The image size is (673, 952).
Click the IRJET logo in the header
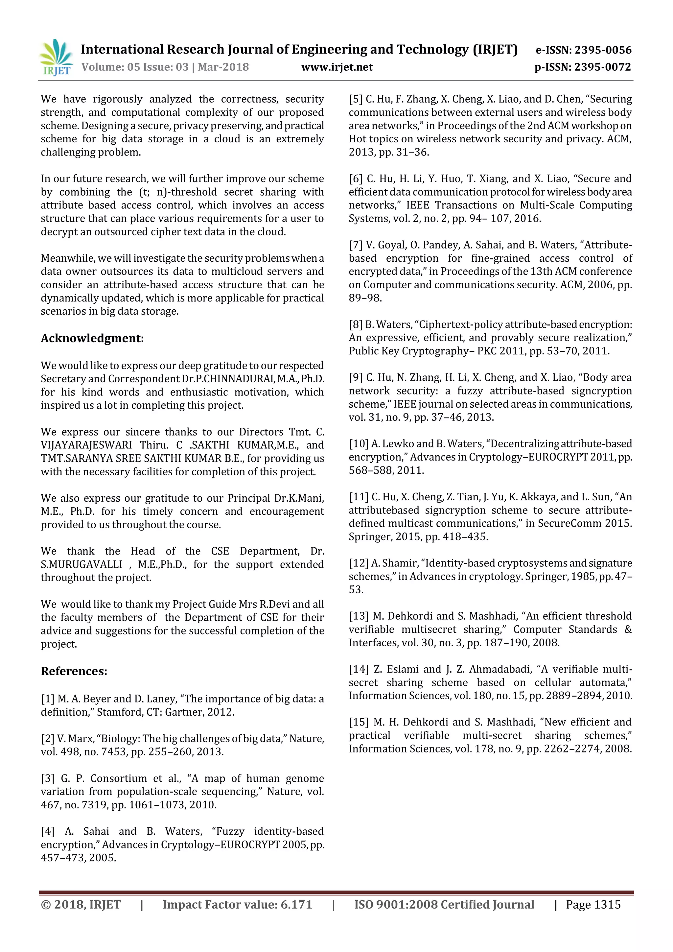point(56,58)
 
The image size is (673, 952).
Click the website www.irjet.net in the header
point(337,67)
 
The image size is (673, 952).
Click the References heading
point(74,671)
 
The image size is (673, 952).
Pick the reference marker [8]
point(355,325)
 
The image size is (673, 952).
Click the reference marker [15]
point(359,722)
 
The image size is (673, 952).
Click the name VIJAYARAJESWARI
point(86,445)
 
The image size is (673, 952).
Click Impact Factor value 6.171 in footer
point(237,905)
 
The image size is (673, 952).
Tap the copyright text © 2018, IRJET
point(81,905)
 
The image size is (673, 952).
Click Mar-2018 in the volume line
point(223,67)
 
